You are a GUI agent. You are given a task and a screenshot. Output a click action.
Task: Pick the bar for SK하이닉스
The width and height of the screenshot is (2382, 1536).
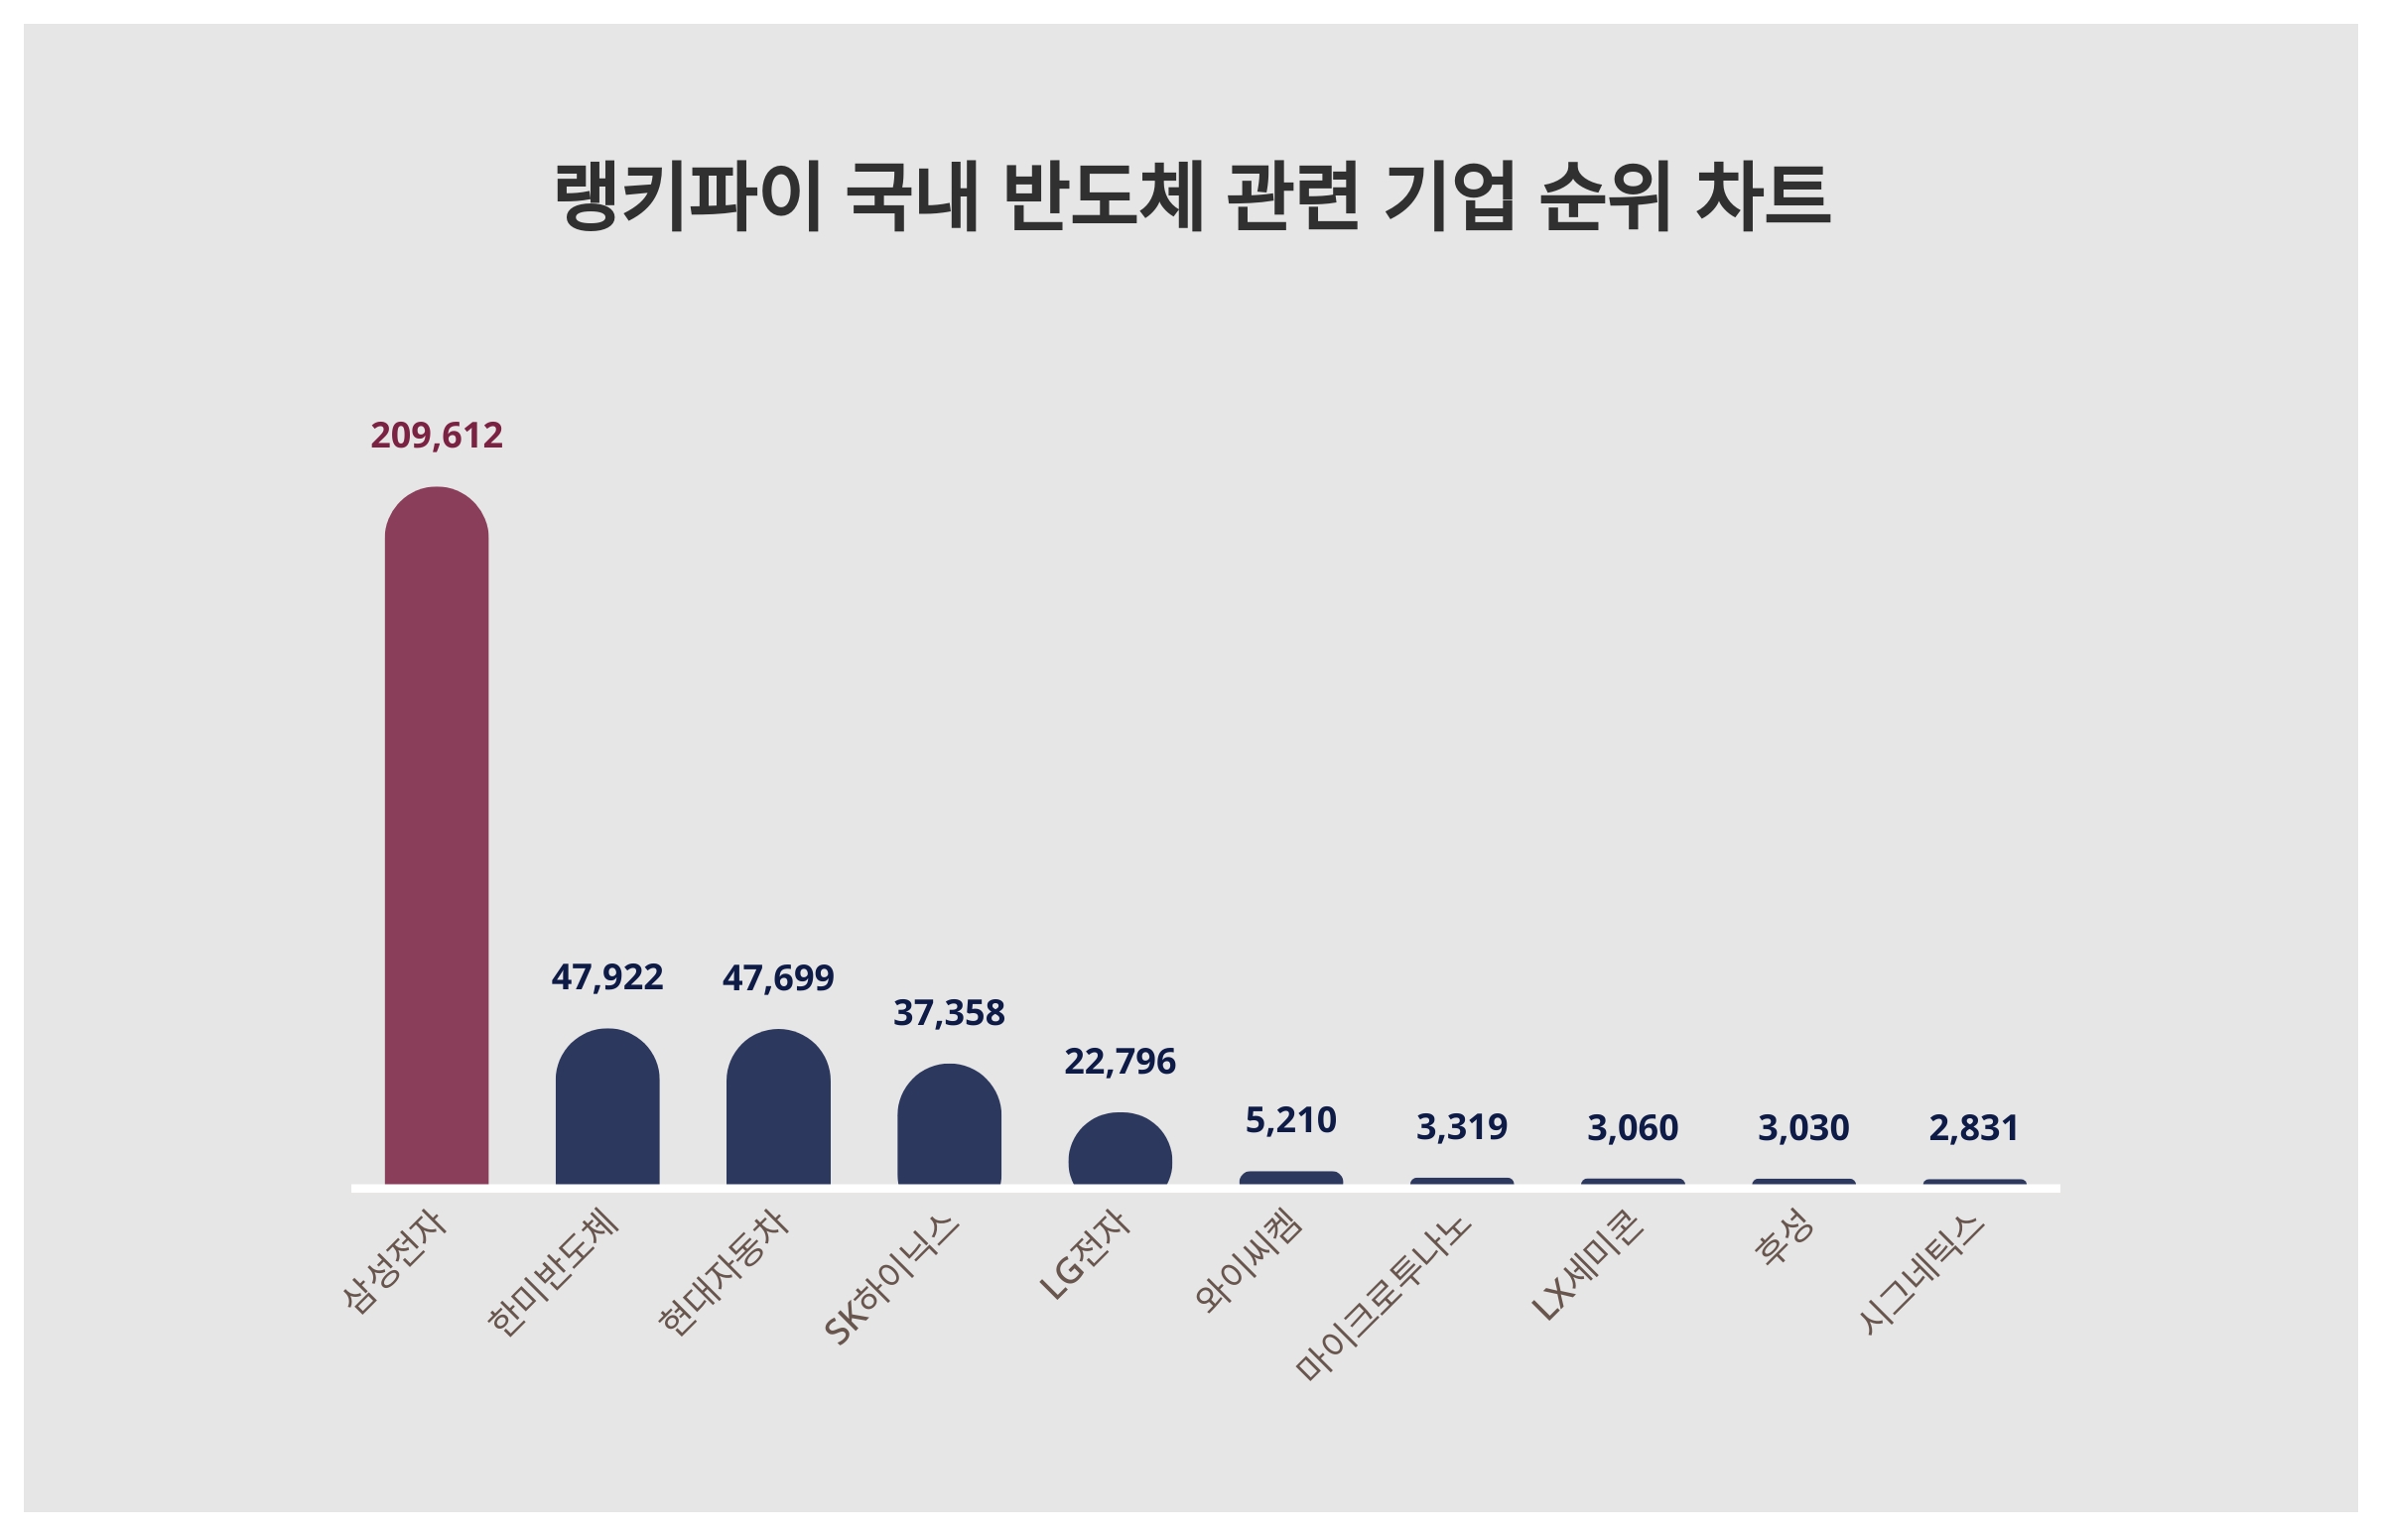(x=949, y=1127)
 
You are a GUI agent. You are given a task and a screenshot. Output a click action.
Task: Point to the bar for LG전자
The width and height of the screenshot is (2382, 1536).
(x=1120, y=1151)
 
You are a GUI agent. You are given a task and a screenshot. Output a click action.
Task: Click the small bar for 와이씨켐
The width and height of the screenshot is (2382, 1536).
(x=1291, y=1178)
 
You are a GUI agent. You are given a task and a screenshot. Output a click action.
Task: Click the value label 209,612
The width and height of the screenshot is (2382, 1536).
(x=436, y=436)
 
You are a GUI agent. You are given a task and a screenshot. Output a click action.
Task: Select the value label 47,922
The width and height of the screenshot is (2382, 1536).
(x=606, y=977)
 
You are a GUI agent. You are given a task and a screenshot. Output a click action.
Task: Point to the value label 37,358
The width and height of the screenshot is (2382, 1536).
(x=949, y=1013)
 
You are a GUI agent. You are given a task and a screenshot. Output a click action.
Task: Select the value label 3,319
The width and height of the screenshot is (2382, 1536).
(x=1461, y=1127)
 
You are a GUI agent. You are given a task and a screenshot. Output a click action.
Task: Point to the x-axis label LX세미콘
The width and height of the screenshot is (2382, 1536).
(x=1587, y=1266)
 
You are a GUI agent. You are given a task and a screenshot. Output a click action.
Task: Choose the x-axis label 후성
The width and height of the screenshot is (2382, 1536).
(x=1785, y=1237)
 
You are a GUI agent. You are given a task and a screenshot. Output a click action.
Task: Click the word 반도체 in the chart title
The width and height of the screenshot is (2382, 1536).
(x=1104, y=196)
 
